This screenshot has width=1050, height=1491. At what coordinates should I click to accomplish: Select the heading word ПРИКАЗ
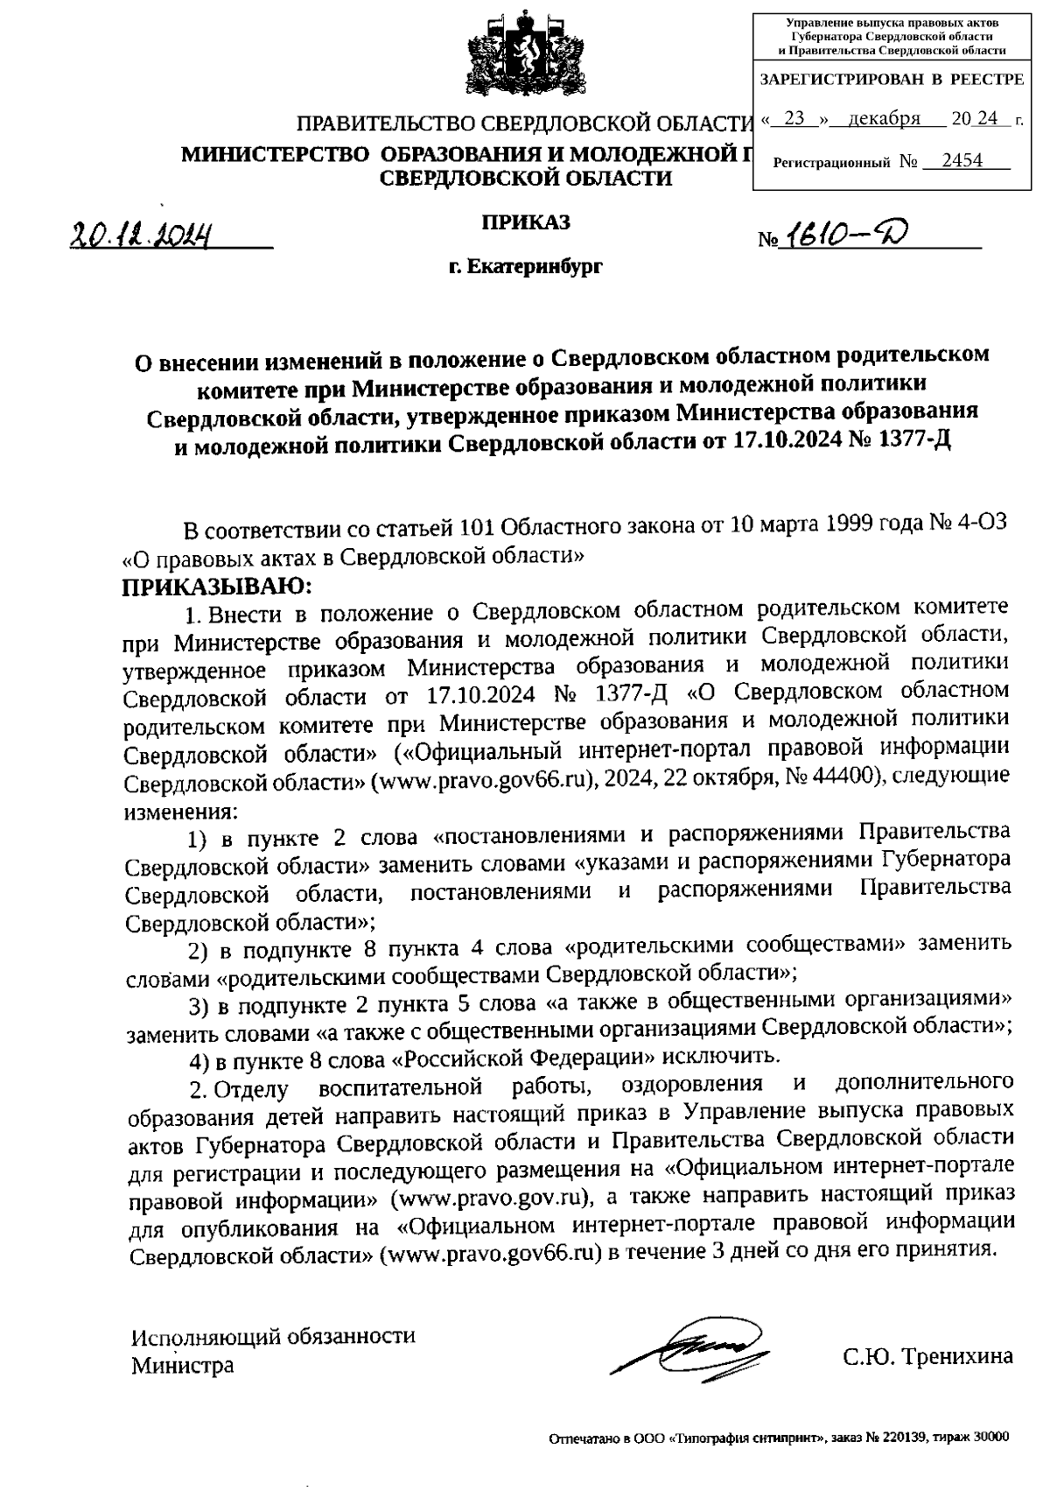[525, 222]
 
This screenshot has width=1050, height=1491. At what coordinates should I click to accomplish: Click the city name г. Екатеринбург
[525, 264]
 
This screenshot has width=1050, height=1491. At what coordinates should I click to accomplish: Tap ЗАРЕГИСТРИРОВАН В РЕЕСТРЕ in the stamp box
[891, 80]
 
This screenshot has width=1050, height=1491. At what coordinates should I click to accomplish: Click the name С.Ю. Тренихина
[927, 1357]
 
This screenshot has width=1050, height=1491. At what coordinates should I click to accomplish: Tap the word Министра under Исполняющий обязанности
[182, 1364]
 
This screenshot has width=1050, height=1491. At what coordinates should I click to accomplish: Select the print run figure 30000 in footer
[990, 1438]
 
